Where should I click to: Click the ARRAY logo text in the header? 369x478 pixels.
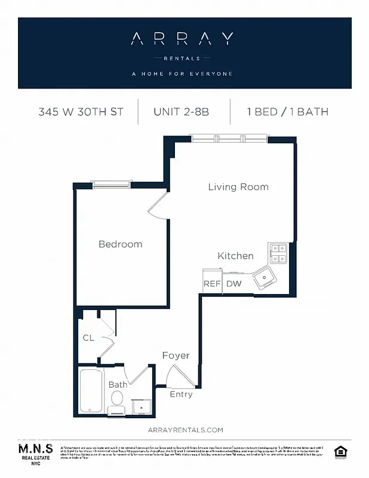click(x=182, y=39)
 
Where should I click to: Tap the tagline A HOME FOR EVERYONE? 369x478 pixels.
click(x=182, y=74)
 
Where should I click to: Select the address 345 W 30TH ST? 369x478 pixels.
click(x=81, y=112)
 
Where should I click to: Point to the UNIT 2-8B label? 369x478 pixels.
click(x=181, y=112)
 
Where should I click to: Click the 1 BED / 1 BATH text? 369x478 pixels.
click(x=287, y=112)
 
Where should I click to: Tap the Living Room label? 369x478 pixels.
click(x=238, y=187)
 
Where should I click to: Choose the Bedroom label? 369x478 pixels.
click(x=120, y=244)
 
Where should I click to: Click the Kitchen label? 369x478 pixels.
click(x=235, y=256)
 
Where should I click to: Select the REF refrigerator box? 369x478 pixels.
click(x=212, y=284)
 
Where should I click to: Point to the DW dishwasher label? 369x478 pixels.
click(x=234, y=284)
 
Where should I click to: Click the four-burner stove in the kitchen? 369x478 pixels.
click(x=279, y=254)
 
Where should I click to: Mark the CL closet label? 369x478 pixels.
click(x=88, y=338)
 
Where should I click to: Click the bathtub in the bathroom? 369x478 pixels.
click(x=91, y=391)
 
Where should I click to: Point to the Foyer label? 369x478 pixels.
click(x=176, y=356)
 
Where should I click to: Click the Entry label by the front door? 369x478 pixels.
click(x=181, y=394)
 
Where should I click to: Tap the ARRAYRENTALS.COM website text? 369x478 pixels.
click(x=184, y=430)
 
